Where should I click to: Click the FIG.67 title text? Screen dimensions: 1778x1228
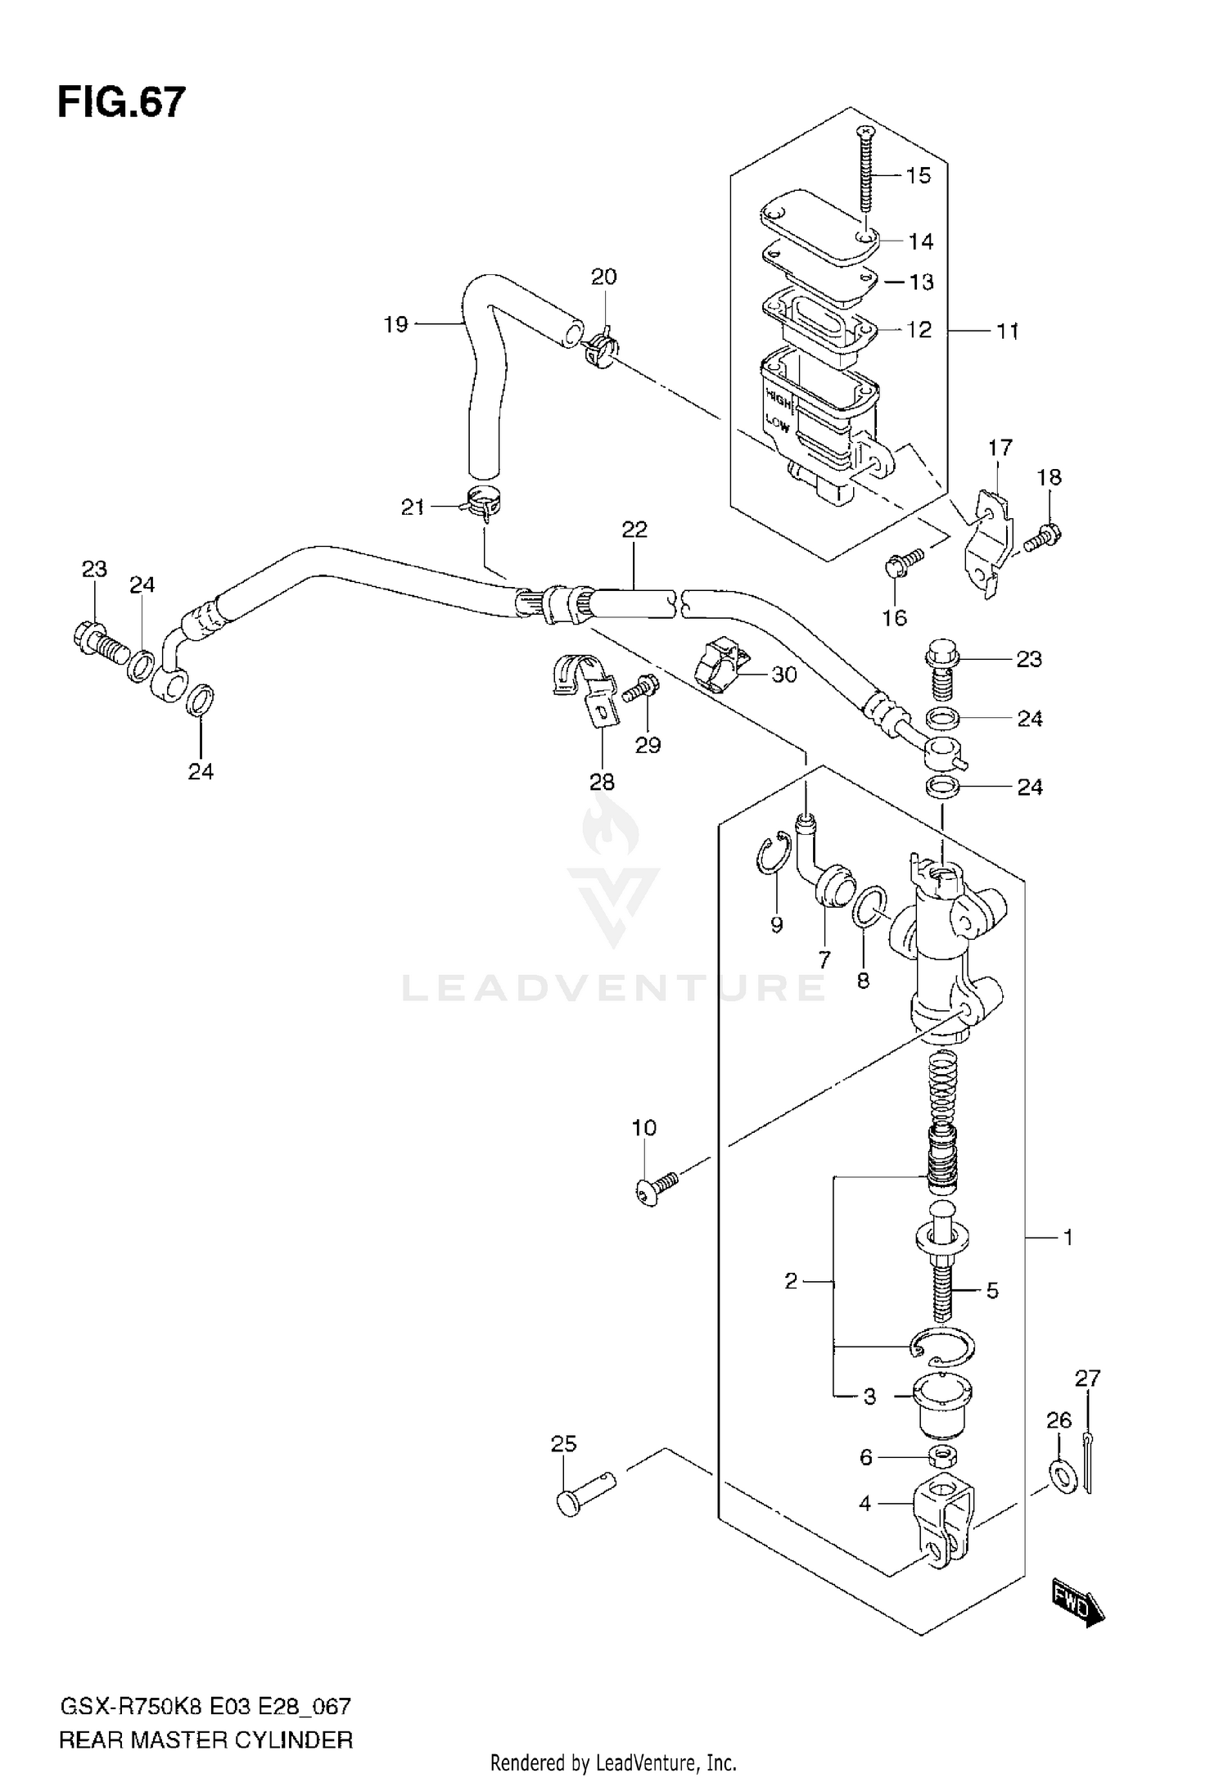(x=121, y=103)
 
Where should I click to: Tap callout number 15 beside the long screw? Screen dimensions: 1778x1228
(x=919, y=176)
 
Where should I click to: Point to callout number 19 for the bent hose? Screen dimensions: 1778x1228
(x=395, y=325)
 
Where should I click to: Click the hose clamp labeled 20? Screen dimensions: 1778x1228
(x=599, y=349)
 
